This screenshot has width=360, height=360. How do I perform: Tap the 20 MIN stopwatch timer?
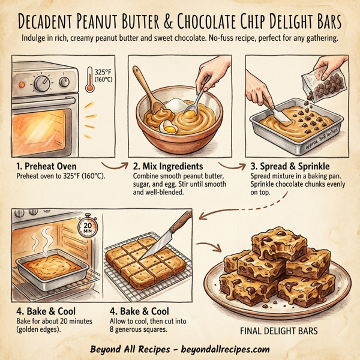coord(87,227)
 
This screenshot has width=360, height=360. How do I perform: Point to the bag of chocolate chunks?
coord(325,81)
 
